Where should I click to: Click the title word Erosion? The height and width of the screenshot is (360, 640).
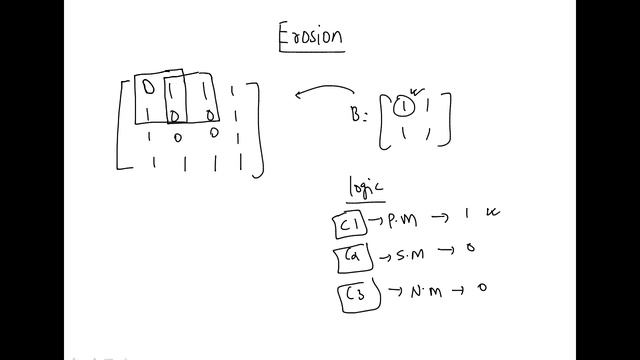pyautogui.click(x=311, y=38)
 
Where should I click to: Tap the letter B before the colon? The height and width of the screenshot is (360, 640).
pyautogui.click(x=361, y=112)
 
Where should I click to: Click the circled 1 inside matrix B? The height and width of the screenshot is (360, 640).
pyautogui.click(x=402, y=105)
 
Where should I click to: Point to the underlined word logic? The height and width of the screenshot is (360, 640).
pyautogui.click(x=365, y=187)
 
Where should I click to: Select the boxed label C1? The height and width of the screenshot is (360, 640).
pyautogui.click(x=346, y=222)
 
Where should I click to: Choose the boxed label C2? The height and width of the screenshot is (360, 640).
pyautogui.click(x=349, y=257)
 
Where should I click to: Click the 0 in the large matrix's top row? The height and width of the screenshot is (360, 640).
pyautogui.click(x=148, y=88)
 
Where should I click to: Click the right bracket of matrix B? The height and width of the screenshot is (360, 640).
pyautogui.click(x=447, y=118)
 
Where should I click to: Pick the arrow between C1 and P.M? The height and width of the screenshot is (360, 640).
pyautogui.click(x=376, y=221)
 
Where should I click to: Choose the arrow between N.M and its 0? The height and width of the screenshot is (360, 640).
pyautogui.click(x=457, y=291)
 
